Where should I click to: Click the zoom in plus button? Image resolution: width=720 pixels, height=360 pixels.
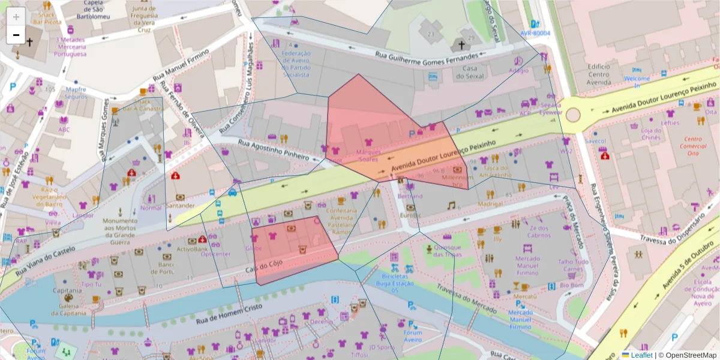click(16, 17)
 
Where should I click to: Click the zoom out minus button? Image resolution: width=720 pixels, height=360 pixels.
click(16, 35)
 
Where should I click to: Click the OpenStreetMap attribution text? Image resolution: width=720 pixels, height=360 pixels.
click(688, 355)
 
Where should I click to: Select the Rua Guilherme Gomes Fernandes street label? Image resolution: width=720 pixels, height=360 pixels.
click(427, 55)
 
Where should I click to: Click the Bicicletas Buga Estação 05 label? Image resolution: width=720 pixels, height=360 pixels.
click(394, 284)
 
